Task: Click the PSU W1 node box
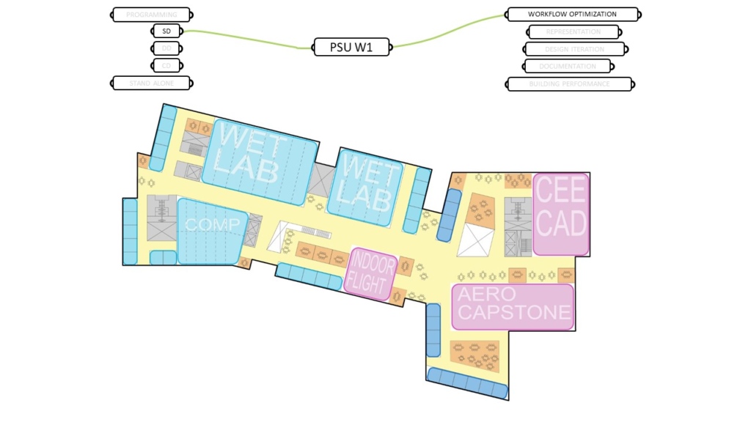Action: pyautogui.click(x=352, y=48)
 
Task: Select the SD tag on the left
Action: pyautogui.click(x=166, y=32)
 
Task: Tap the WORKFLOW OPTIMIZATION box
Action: pyautogui.click(x=572, y=14)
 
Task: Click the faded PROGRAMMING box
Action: pyautogui.click(x=152, y=15)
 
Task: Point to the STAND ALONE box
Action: pyautogui.click(x=152, y=83)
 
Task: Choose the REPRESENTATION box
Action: pyautogui.click(x=574, y=32)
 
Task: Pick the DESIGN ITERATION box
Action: pyautogui.click(x=574, y=49)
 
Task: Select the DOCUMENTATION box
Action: pyautogui.click(x=568, y=66)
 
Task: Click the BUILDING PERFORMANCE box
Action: pyautogui.click(x=569, y=84)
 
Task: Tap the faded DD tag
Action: pyautogui.click(x=166, y=48)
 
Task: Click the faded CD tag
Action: pyautogui.click(x=166, y=65)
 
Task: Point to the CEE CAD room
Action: pyautogui.click(x=561, y=212)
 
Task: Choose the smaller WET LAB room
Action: pyautogui.click(x=364, y=187)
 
